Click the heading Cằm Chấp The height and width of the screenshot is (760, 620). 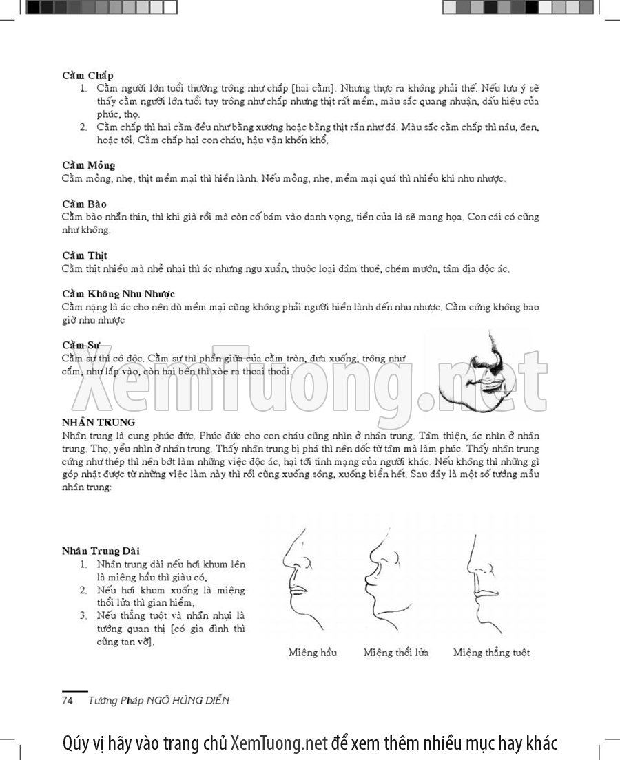pyautogui.click(x=87, y=75)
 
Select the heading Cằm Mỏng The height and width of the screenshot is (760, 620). pyautogui.click(x=89, y=165)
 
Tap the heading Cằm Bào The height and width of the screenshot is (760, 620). pyautogui.click(x=84, y=204)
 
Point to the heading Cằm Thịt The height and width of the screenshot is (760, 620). pyautogui.click(x=84, y=255)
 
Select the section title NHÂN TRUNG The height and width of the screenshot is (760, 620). pyautogui.click(x=99, y=422)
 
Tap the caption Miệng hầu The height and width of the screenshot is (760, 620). pyautogui.click(x=313, y=653)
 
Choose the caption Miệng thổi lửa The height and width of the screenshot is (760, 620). pyautogui.click(x=396, y=653)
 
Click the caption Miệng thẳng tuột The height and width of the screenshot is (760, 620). pyautogui.click(x=491, y=653)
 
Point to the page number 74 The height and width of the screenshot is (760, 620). pyautogui.click(x=68, y=701)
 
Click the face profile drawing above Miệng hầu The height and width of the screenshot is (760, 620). pyautogui.click(x=303, y=578)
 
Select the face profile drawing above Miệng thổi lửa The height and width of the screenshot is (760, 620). pyautogui.click(x=389, y=578)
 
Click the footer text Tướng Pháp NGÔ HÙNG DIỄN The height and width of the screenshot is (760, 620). pyautogui.click(x=158, y=701)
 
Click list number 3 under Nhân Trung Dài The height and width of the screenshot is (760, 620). pyautogui.click(x=83, y=615)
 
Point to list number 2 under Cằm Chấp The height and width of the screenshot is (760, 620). pyautogui.click(x=83, y=127)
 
